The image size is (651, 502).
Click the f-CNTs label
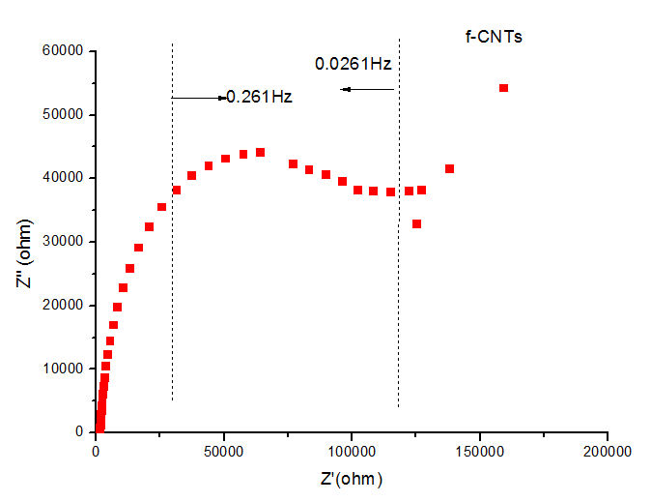[495, 37]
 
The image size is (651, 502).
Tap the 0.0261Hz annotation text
[353, 64]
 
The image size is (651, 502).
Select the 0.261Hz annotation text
[259, 97]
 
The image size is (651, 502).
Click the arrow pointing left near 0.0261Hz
[367, 89]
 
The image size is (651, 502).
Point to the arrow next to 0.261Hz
[197, 98]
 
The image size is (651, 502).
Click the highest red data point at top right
[503, 88]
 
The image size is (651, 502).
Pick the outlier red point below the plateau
[416, 223]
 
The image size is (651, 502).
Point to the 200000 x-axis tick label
[608, 452]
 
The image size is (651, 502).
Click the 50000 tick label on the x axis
[224, 452]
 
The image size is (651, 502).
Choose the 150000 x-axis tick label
[480, 452]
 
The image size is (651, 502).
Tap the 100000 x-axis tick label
[352, 452]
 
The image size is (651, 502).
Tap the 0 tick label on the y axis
[79, 432]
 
